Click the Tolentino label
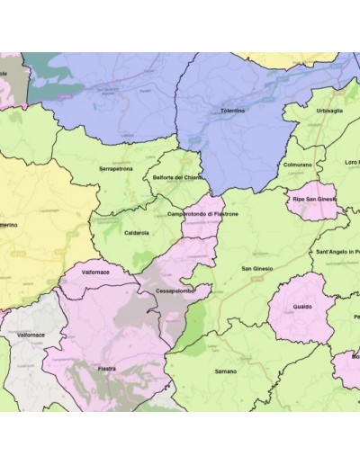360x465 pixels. (x=232, y=110)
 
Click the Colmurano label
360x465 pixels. (x=297, y=165)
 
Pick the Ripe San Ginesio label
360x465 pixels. (x=313, y=198)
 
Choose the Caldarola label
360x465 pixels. (x=137, y=232)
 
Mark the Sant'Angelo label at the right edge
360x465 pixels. (x=337, y=251)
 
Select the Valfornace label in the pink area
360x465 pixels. (x=94, y=271)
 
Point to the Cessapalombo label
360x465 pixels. (x=174, y=291)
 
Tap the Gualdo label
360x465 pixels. (x=302, y=307)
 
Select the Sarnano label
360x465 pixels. (x=226, y=371)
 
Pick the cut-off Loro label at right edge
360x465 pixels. (x=351, y=163)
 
